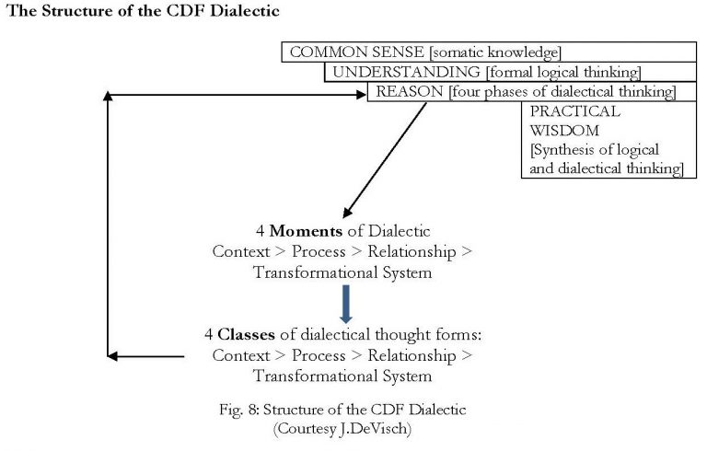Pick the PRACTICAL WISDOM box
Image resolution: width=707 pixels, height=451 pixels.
603,139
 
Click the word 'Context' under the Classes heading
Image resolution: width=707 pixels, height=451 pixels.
241,356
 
